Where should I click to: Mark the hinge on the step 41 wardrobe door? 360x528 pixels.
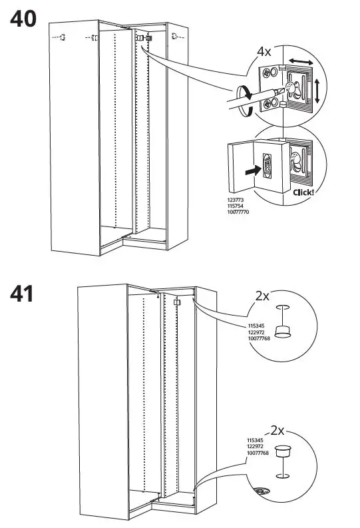coord(177,302)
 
